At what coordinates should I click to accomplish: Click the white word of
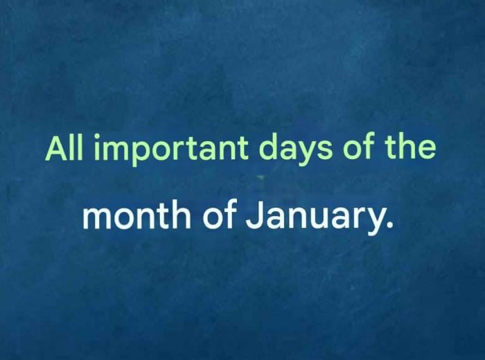click(x=220, y=217)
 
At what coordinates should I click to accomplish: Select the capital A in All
click(x=58, y=148)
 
